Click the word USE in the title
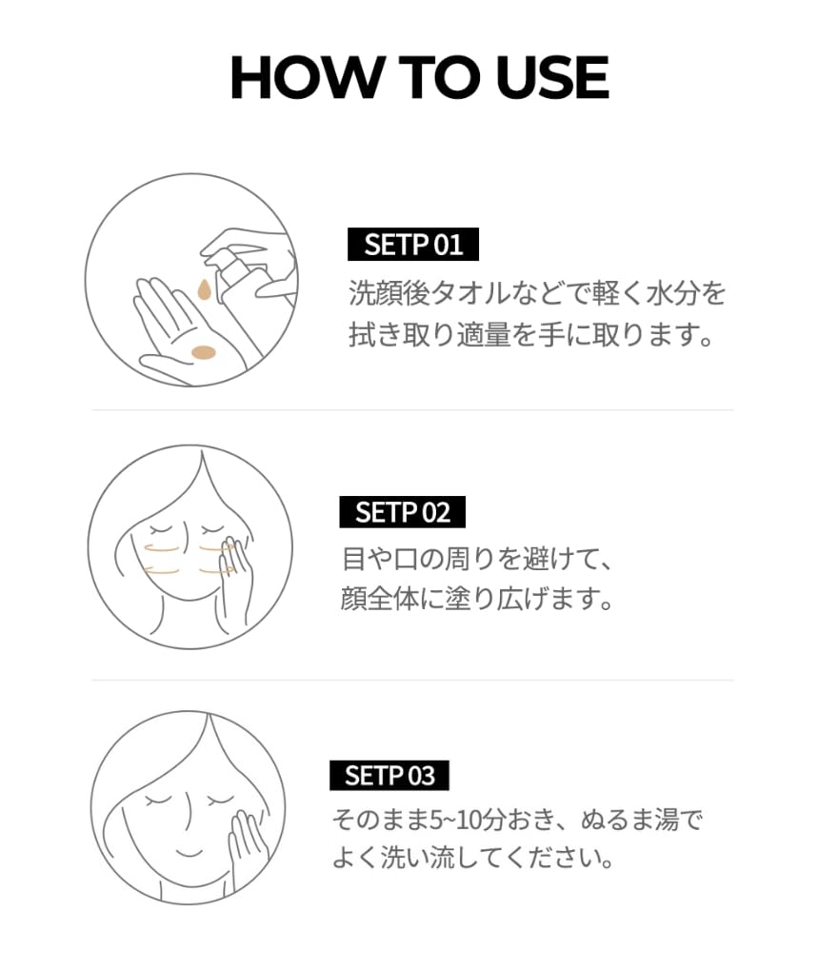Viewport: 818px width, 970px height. coord(552,77)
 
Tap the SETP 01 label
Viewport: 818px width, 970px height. coord(413,245)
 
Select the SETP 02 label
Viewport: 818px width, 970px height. coord(402,512)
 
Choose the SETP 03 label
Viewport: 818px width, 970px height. coord(389,775)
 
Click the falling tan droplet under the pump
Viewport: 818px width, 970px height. coord(204,290)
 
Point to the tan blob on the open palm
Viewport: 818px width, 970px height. coord(204,352)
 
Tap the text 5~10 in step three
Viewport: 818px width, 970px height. coord(453,821)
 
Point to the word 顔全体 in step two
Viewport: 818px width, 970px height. coord(380,599)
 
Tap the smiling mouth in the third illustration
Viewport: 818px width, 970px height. coord(189,853)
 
